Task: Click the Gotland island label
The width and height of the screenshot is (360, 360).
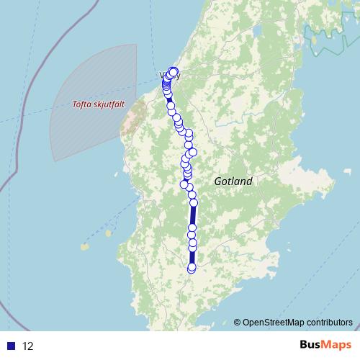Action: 233,181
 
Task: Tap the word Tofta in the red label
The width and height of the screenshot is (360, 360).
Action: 85,104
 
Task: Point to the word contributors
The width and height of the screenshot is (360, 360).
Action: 329,322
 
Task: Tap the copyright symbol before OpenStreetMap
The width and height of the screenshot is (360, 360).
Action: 238,322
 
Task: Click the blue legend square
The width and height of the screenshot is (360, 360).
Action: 12,346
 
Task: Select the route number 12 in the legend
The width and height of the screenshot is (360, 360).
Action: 28,346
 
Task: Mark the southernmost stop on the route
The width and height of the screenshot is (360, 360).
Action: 192,269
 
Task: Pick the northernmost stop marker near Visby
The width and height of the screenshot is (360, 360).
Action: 174,71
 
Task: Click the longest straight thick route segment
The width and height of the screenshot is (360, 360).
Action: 193,216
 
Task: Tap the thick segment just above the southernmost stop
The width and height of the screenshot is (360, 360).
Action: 192,258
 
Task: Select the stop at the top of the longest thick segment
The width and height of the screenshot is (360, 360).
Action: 194,203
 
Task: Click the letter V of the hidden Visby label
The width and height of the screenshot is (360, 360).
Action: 162,75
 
